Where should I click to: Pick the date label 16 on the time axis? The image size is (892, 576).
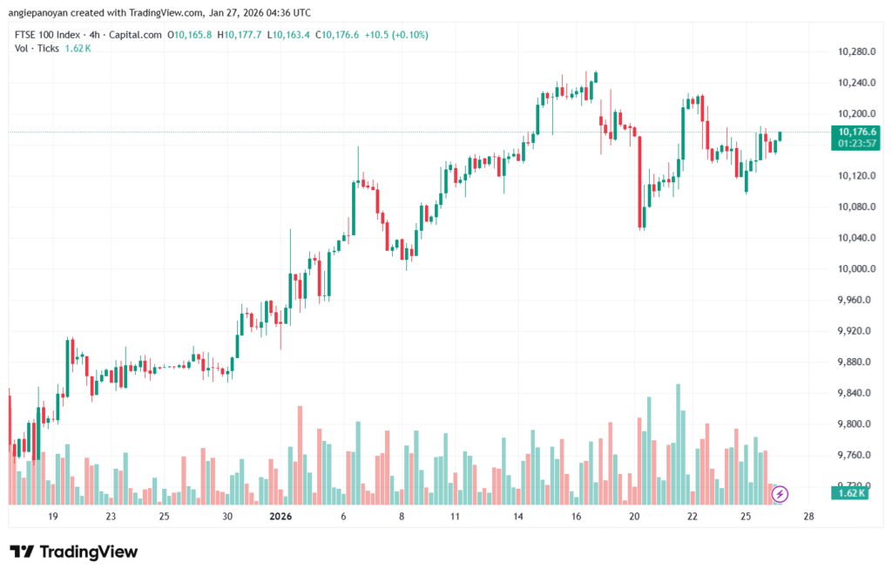coord(576,517)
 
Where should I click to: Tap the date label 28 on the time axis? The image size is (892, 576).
coord(808,517)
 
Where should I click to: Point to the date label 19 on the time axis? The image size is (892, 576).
coord(53,517)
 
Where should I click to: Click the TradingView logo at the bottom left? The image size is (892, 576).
coord(74,552)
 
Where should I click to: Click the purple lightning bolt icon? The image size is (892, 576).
coord(780,494)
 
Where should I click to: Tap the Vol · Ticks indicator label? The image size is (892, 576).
coord(37,48)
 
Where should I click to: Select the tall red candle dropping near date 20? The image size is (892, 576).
coord(640,182)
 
